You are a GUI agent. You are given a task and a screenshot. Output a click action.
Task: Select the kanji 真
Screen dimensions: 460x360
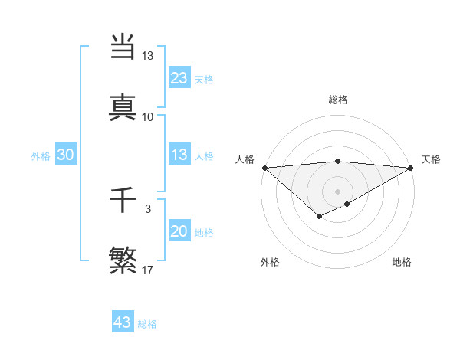(x=123, y=106)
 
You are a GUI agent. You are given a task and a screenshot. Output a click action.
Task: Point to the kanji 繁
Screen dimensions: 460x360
(x=123, y=260)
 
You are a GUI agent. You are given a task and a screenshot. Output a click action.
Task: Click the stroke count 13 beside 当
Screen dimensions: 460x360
(x=147, y=56)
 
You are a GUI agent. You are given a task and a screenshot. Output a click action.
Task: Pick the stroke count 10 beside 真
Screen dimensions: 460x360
(x=147, y=116)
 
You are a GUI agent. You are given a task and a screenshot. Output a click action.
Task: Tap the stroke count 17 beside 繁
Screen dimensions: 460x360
(x=148, y=270)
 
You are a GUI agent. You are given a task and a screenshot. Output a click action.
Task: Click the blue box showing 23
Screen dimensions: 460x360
(x=179, y=78)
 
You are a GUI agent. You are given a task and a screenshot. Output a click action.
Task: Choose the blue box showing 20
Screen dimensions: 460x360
(x=179, y=231)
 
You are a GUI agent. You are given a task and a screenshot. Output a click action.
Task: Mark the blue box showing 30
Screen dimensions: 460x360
(x=66, y=155)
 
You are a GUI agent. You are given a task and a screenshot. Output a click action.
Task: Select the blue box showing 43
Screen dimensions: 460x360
(x=122, y=322)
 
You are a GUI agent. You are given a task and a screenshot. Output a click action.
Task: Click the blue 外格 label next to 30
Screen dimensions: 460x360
(x=41, y=155)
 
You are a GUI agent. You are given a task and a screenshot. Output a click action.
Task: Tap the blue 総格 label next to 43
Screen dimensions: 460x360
(x=147, y=323)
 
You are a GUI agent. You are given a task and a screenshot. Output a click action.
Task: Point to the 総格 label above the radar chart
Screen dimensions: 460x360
(x=338, y=100)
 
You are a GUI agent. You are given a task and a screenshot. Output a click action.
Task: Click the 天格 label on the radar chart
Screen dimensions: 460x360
(x=431, y=159)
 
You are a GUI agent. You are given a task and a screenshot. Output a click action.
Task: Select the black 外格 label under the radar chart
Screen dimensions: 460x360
(x=270, y=262)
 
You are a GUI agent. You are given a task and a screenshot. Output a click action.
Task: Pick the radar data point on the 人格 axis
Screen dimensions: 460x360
(x=264, y=168)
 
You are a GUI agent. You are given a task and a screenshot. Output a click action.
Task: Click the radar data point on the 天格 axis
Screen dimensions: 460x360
(x=411, y=168)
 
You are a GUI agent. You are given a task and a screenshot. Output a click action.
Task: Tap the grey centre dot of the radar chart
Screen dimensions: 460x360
(x=337, y=191)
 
